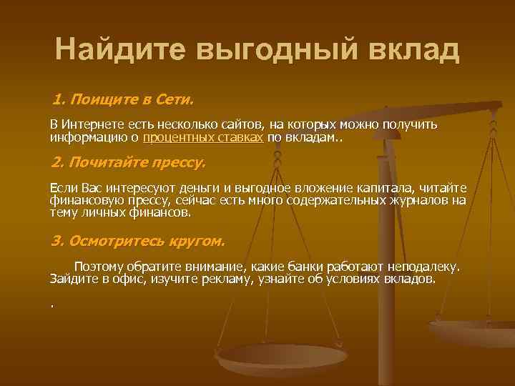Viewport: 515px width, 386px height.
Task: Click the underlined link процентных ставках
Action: coord(203,137)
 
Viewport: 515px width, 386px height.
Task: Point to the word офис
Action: coord(124,278)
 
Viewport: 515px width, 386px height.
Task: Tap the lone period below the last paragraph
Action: coord(52,304)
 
